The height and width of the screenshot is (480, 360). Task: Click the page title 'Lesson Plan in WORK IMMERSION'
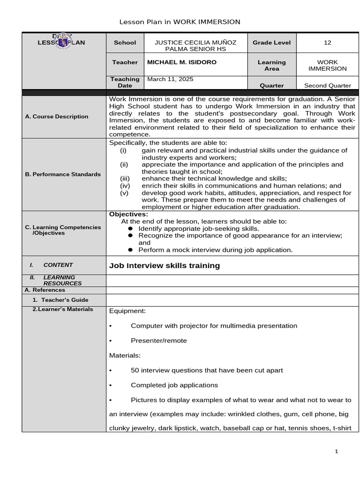click(180, 22)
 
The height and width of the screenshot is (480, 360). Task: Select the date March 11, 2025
click(170, 79)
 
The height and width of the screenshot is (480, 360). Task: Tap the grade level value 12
click(327, 43)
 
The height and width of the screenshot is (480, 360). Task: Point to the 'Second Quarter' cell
click(327, 85)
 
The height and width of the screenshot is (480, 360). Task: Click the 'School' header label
click(125, 43)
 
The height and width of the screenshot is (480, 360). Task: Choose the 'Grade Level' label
click(271, 43)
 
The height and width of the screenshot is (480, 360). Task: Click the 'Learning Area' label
click(271, 65)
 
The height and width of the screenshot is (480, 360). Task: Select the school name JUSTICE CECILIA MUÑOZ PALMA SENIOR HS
click(195, 46)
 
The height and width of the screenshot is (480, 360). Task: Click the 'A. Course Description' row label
click(57, 116)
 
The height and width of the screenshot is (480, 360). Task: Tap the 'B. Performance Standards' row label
click(63, 174)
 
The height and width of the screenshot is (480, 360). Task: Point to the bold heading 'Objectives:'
click(128, 214)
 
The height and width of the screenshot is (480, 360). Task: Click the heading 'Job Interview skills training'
click(164, 265)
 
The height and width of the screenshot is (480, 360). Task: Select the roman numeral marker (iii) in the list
click(125, 179)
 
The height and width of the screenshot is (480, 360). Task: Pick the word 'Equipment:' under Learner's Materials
click(127, 311)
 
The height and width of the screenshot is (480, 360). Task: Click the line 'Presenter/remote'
click(158, 340)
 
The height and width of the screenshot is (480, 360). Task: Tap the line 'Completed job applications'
click(174, 385)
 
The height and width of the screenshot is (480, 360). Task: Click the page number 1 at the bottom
click(336, 451)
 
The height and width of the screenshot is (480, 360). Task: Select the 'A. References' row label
click(45, 290)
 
